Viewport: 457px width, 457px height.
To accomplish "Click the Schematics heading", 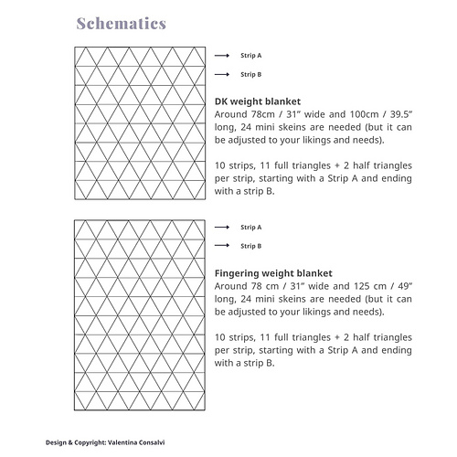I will click(121, 22).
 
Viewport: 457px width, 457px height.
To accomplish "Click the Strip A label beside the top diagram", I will click(250, 55).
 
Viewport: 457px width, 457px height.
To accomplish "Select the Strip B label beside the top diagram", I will click(250, 74).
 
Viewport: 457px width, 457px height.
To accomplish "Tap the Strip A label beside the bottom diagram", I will click(250, 227).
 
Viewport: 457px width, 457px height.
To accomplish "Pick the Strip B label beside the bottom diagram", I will click(250, 246).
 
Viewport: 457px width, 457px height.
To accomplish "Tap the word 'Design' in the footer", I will click(57, 441).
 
